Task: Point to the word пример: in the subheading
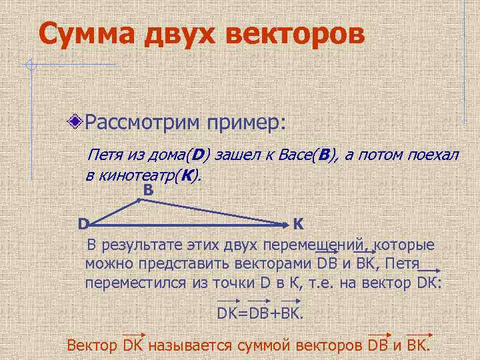coord(245,123)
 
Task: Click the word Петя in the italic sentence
coord(107,155)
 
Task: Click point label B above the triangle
coord(148,191)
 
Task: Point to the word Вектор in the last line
coord(93,345)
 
